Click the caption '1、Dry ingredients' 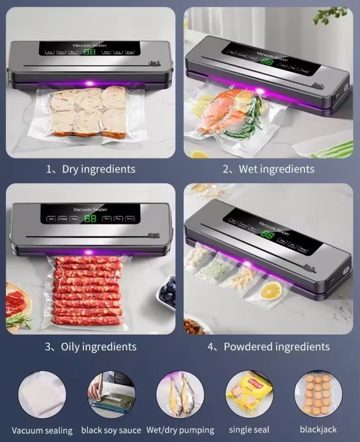coord(90,169)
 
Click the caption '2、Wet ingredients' coord(268,169)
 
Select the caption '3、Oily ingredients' coord(90,347)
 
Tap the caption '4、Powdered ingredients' coord(268,347)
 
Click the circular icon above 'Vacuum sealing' coord(42,393)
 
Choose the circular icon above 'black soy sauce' coord(111,393)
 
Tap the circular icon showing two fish coord(180,393)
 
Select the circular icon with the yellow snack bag coord(249,393)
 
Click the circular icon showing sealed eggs coord(318,393)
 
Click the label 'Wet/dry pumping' coord(181,430)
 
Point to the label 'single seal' coord(249,430)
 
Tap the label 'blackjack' coord(318,430)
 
